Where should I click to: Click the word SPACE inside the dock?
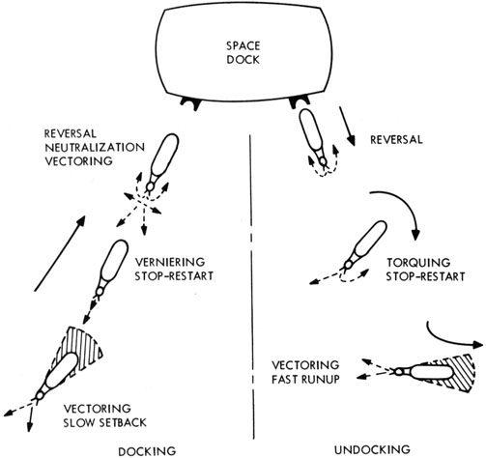tap(243, 45)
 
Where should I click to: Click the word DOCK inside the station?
tap(243, 60)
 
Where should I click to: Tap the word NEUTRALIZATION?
tap(95, 148)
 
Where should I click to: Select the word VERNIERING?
tap(170, 262)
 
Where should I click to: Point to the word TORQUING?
tap(418, 263)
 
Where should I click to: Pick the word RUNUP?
tap(320, 379)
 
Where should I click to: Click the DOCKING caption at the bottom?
tap(147, 451)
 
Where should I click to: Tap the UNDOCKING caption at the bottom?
tap(372, 449)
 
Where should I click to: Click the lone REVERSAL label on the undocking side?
tap(396, 140)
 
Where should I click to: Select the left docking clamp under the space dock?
tap(190, 103)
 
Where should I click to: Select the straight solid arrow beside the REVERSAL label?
tap(347, 127)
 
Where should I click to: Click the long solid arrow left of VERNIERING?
tap(60, 254)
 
